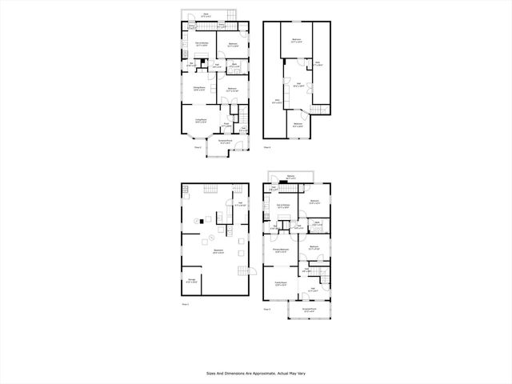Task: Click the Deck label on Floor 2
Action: (206, 14)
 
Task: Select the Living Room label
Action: (201, 121)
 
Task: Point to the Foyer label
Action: (226, 124)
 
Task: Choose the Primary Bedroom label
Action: (280, 250)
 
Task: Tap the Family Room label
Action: (282, 284)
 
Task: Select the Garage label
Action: (190, 281)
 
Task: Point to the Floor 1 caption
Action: (186, 304)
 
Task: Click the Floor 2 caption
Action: (198, 147)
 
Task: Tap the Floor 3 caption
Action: (266, 308)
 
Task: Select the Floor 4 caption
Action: (269, 147)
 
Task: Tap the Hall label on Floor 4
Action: (298, 85)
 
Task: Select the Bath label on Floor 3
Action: (318, 223)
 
